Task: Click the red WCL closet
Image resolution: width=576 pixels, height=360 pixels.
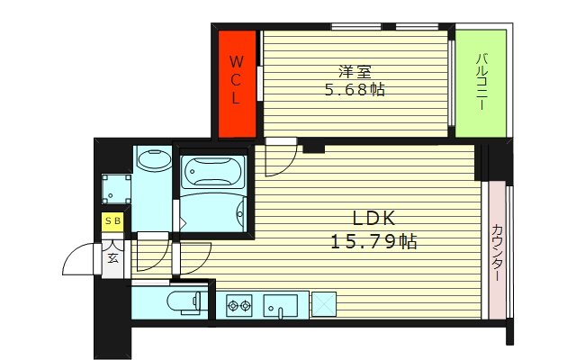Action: point(237,82)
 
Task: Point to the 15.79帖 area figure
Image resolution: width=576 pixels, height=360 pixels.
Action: point(373,241)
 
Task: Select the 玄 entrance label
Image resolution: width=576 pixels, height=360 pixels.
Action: point(114,258)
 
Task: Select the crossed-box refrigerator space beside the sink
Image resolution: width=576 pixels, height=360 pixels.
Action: point(323,305)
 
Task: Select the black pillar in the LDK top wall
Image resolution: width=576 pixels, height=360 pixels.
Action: point(313,147)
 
